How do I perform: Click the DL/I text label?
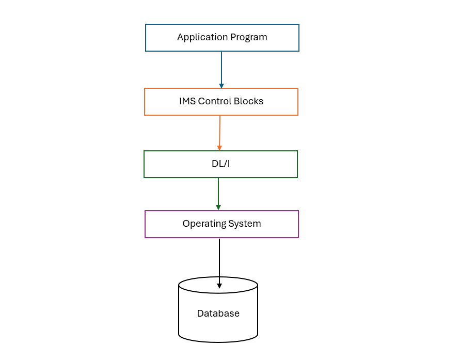pos(221,164)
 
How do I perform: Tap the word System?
pos(244,224)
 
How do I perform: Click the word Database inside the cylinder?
pos(218,314)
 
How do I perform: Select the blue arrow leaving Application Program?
pos(221,67)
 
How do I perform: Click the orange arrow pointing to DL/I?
pos(220,132)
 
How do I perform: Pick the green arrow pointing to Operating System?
pos(218,192)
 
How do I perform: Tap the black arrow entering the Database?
pos(219,261)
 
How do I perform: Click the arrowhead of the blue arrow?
pos(221,86)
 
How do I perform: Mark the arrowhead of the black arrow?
pos(219,286)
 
